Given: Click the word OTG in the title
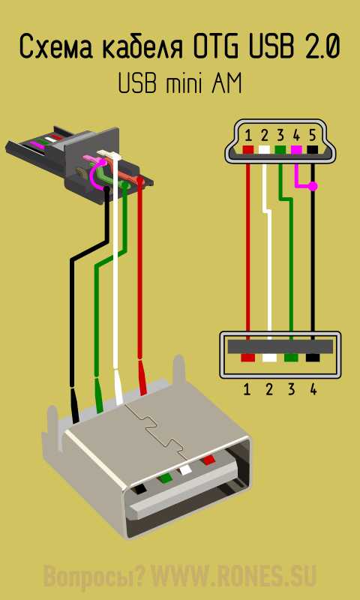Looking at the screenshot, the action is pos(217,46).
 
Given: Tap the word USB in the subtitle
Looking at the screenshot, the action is pos(137,83).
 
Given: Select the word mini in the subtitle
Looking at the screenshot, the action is pos(184,83).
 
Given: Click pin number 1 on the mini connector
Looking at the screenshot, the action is pos(248,136).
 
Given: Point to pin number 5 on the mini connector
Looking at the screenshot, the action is pos(312,136).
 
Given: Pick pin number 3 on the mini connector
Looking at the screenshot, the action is pos(280,136).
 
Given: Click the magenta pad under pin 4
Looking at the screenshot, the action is pos(296,149).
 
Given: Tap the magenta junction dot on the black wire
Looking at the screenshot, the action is pos(313,187).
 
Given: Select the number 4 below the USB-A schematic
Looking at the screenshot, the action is pos(313,389).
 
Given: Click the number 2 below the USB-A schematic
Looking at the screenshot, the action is pos(269,389).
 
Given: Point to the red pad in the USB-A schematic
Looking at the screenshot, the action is pos(248,358).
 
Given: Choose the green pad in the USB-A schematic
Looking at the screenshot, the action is pos(291,358).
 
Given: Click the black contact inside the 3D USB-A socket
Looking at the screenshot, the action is pos(139,489).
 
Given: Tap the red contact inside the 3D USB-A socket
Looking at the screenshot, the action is pos(209,460).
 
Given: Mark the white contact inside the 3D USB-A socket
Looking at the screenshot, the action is pos(186,469).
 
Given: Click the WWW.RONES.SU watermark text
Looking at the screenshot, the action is pos(235,575).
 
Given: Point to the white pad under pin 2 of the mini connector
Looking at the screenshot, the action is pos(264,149).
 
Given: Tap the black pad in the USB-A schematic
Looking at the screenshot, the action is pos(313,358).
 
